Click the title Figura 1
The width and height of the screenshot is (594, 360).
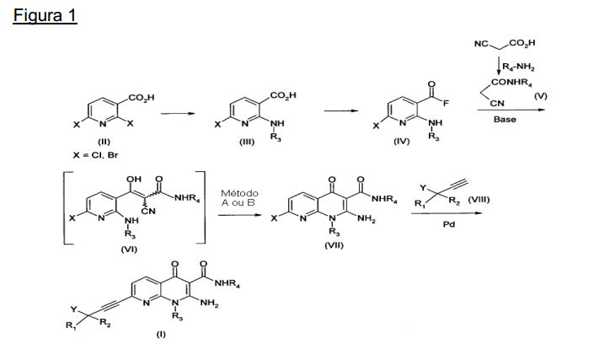click(x=45, y=16)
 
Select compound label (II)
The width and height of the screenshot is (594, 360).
click(x=104, y=142)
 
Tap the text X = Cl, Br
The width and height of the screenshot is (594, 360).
click(x=95, y=155)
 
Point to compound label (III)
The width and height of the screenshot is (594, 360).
click(x=247, y=142)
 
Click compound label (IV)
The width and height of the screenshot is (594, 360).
click(x=402, y=142)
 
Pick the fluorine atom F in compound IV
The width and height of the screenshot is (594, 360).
click(x=446, y=103)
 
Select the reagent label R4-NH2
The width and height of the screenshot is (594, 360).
click(x=518, y=67)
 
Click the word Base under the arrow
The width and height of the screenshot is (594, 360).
click(x=505, y=120)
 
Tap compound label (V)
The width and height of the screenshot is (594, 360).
click(x=541, y=96)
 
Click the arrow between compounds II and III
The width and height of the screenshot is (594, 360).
click(x=178, y=113)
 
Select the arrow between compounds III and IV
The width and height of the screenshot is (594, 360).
click(x=341, y=110)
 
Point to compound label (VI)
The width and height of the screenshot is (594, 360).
click(x=129, y=250)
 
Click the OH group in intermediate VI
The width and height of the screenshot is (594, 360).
click(x=134, y=179)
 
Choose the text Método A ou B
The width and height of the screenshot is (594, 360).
click(x=239, y=198)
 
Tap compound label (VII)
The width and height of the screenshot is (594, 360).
click(x=334, y=245)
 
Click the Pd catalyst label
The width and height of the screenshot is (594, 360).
click(x=449, y=224)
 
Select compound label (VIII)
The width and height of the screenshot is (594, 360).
click(x=479, y=199)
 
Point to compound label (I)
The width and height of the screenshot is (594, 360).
click(x=161, y=334)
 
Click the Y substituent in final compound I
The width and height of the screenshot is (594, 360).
click(x=73, y=309)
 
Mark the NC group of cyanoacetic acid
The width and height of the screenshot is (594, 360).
click(x=481, y=44)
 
